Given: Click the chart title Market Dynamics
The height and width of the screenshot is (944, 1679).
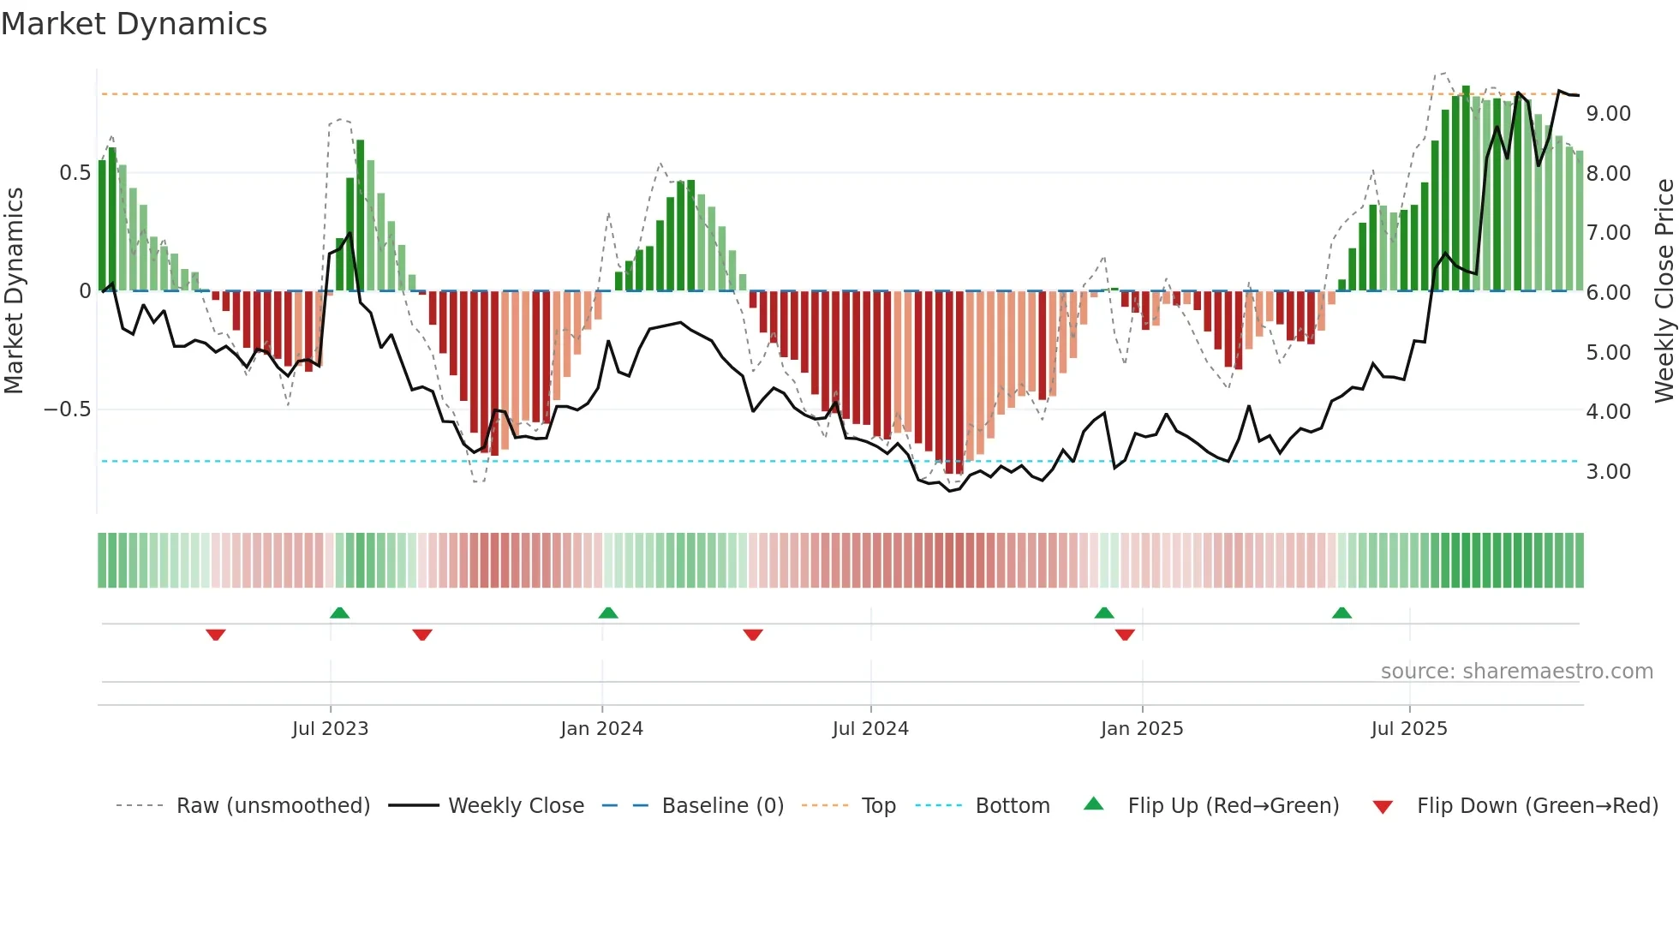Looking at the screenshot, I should click(x=134, y=24).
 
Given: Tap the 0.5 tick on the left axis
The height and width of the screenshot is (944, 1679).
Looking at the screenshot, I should click(x=75, y=173).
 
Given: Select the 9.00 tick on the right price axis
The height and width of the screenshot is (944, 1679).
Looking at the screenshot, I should click(x=1608, y=114).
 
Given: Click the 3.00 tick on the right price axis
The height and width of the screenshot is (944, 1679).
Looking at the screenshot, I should click(x=1608, y=472).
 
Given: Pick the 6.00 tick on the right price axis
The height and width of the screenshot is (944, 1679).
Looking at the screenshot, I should click(x=1608, y=293).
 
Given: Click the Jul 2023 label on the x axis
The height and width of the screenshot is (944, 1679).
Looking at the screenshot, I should click(x=330, y=729).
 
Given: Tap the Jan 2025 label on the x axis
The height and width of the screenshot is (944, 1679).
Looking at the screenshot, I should click(x=1141, y=729).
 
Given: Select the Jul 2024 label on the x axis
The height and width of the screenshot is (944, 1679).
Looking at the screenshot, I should click(x=870, y=729).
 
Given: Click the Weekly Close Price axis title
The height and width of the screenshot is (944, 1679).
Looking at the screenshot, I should click(x=1664, y=291).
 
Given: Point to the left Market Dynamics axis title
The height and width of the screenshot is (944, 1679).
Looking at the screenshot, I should click(x=14, y=291).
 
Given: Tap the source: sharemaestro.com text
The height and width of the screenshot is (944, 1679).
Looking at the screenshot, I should click(x=1516, y=672).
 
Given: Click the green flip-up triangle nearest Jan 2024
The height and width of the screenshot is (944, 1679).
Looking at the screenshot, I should click(x=608, y=613).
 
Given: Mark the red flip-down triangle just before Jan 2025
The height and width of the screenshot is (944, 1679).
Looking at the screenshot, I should click(x=1125, y=635).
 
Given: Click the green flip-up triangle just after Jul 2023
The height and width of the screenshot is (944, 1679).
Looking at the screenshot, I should click(x=340, y=613).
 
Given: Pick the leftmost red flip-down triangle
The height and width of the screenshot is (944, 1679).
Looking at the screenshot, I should click(x=216, y=635).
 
